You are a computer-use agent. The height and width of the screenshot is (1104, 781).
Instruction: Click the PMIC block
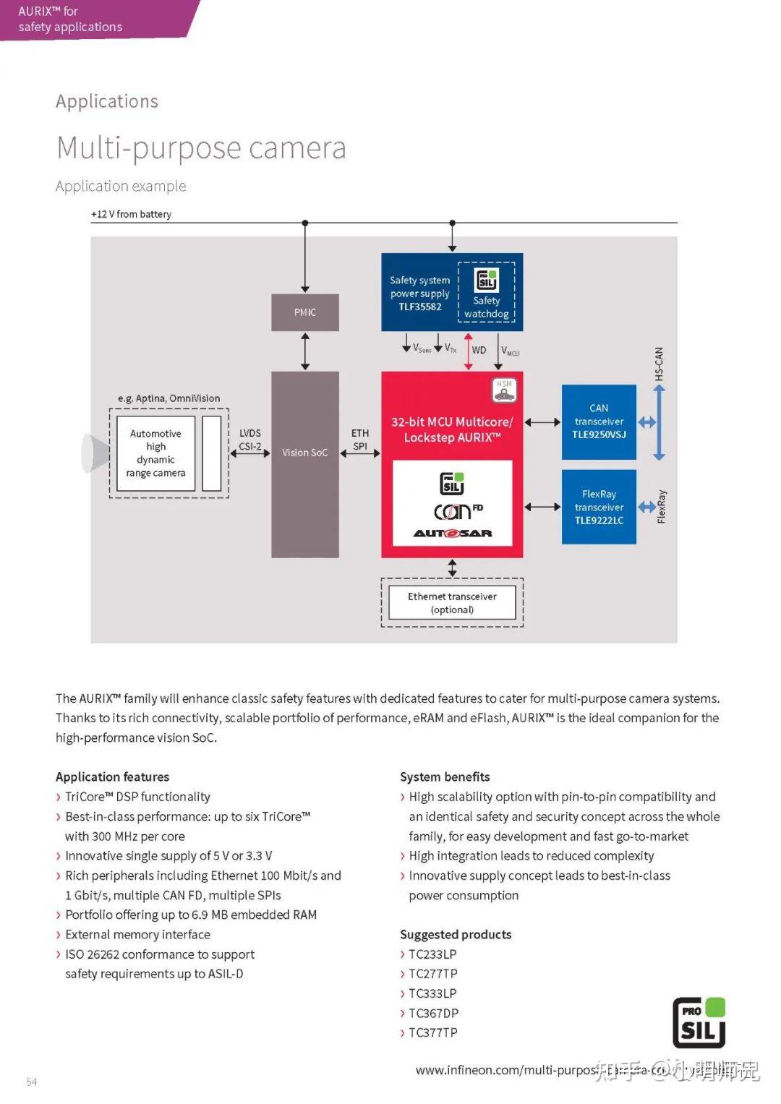point(304,312)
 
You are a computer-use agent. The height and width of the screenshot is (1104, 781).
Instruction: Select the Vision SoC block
point(304,463)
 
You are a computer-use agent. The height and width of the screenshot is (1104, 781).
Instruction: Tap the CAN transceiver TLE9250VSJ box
point(599,422)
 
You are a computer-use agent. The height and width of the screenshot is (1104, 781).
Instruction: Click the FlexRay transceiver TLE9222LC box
point(599,507)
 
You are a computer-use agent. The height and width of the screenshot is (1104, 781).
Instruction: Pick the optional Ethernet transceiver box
point(452,602)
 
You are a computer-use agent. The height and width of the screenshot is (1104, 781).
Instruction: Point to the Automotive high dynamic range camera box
point(155,453)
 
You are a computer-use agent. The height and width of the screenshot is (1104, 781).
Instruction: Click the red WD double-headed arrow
point(469,351)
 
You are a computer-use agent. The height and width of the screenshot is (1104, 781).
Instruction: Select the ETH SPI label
point(360,440)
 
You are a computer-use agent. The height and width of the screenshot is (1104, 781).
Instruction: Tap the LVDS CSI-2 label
point(250,440)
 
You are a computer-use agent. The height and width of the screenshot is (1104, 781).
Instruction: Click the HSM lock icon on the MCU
point(504,390)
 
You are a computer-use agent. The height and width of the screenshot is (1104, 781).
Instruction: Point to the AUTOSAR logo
point(453,534)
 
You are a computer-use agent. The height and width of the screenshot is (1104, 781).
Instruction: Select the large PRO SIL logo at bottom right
point(699,1022)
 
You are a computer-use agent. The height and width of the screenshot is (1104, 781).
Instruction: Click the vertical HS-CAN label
point(659,364)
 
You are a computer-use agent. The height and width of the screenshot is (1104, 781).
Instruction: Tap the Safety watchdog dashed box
point(487,292)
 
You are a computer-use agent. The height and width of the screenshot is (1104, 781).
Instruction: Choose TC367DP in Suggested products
point(433,1013)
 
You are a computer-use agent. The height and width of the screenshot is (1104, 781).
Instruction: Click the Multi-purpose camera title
point(201,148)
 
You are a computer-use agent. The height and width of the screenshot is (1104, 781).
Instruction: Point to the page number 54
point(32,1082)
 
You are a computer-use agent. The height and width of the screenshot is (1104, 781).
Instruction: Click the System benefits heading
point(445,776)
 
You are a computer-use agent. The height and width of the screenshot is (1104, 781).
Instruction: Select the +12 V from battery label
point(131,214)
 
